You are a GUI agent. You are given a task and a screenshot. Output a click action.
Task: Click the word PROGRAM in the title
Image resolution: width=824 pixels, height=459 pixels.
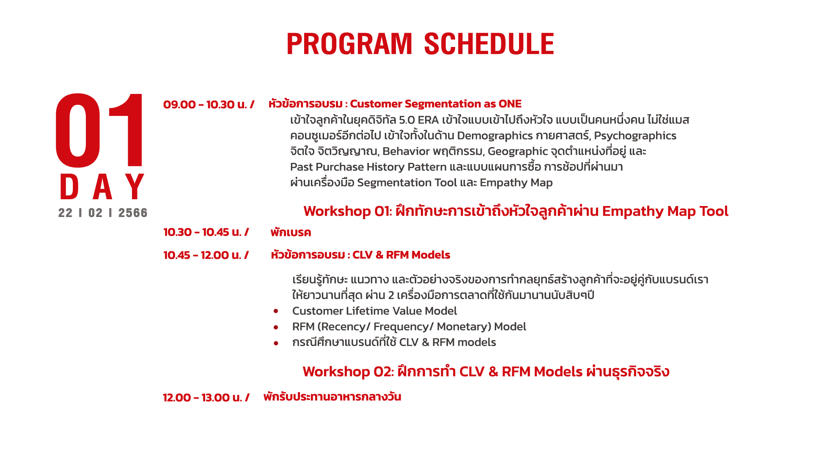pos(349,44)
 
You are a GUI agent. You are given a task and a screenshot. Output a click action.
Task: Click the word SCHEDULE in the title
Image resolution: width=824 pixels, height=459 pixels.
pos(489,44)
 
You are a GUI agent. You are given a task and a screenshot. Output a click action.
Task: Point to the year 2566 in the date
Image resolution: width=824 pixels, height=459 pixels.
pos(133,213)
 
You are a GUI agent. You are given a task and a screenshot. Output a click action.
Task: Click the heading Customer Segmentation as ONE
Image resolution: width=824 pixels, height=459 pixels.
pos(436,104)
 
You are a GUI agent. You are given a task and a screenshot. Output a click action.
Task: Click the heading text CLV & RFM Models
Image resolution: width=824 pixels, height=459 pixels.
pos(401,255)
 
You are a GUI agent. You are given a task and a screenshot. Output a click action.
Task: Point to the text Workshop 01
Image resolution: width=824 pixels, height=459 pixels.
pos(348,211)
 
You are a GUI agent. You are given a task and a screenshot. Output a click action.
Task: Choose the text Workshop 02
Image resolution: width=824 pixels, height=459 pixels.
pos(348,371)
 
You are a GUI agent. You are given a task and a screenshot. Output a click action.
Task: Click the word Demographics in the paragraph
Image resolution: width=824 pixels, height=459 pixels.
pos(494,136)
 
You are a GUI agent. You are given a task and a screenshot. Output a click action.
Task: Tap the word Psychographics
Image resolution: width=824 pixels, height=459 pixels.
pos(635,136)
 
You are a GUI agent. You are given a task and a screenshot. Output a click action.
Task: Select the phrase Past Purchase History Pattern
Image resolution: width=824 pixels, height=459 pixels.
pos(368,167)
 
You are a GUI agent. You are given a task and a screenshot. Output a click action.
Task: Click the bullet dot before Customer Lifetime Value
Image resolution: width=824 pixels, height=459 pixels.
pos(276,311)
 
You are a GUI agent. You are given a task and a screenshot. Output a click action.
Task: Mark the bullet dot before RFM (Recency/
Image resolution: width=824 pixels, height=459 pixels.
pos(276,327)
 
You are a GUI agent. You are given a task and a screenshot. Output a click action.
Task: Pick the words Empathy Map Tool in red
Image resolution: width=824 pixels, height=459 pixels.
pos(665,211)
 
